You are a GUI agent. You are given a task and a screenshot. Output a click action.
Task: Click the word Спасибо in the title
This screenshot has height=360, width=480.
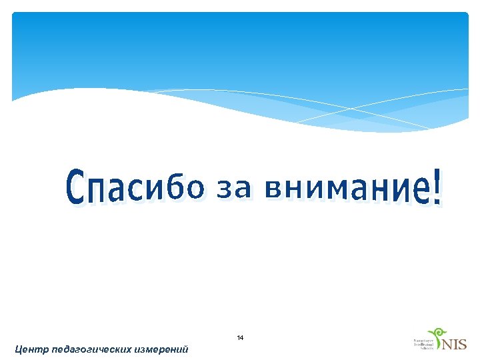point(133,187)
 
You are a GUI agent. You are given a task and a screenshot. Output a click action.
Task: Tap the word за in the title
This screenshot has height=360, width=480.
point(234,189)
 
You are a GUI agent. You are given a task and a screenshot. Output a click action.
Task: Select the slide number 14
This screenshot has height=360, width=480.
point(240,339)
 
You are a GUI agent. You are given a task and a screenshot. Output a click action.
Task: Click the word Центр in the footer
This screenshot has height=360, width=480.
point(31,349)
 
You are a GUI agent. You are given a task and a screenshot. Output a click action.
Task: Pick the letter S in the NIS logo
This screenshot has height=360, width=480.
point(462,345)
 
